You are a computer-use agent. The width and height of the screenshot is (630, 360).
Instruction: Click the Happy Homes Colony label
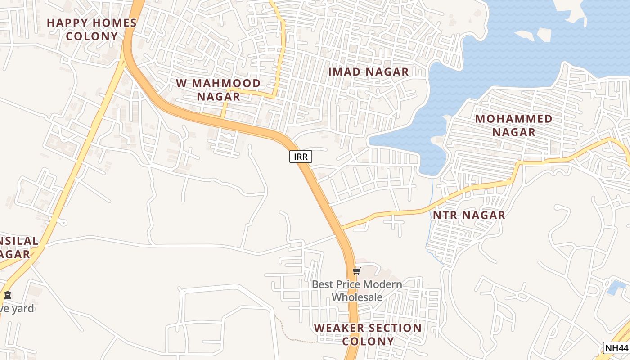click(x=92, y=29)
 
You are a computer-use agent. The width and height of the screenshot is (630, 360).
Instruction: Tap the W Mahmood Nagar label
click(x=218, y=90)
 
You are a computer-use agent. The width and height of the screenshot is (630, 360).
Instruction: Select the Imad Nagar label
click(x=369, y=72)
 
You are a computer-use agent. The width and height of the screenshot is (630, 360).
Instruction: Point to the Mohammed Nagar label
click(x=514, y=125)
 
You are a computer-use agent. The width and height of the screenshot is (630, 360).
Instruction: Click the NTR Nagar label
click(x=469, y=215)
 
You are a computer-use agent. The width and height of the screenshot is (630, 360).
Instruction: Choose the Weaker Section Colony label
click(x=368, y=334)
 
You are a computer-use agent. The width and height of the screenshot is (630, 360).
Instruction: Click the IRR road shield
click(x=301, y=157)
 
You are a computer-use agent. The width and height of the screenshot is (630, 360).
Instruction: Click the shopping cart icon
click(x=357, y=271)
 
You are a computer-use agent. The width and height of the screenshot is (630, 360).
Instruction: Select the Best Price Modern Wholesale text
click(x=357, y=291)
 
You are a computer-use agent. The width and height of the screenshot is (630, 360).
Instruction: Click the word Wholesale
click(x=357, y=297)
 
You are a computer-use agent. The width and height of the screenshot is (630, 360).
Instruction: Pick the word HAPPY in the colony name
click(x=67, y=23)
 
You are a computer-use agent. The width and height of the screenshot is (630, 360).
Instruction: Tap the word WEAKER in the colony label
click(x=337, y=328)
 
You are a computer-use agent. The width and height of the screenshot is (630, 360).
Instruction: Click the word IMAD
click(x=344, y=72)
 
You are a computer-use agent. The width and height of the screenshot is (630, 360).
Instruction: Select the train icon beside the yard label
click(x=7, y=296)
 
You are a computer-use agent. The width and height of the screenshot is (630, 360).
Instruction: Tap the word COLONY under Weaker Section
click(x=368, y=341)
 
